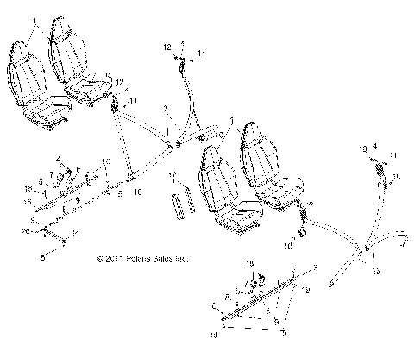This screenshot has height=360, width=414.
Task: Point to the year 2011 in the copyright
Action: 108,258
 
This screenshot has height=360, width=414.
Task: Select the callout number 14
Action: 74,233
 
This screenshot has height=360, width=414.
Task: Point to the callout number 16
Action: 212,306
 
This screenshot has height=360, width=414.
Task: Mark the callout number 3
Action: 315,268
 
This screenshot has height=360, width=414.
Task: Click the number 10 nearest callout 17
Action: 138,193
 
